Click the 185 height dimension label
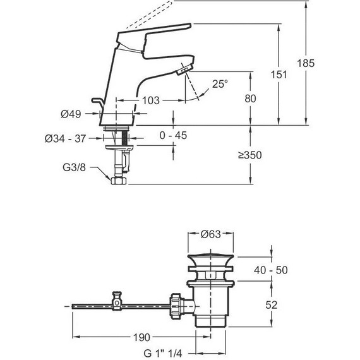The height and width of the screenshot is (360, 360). [x=306, y=63]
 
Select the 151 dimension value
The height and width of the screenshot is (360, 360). [x=279, y=75]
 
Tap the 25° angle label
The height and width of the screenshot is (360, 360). [x=220, y=84]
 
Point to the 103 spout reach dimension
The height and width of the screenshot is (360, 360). [x=150, y=100]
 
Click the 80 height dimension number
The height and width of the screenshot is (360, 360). [x=250, y=99]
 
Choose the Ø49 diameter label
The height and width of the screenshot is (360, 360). [x=71, y=114]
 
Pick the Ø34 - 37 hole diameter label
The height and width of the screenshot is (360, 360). [x=65, y=138]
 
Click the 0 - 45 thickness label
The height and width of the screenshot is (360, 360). [x=173, y=135]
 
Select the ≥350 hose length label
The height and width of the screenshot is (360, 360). [x=249, y=155]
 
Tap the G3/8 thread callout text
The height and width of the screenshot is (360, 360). [x=74, y=167]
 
